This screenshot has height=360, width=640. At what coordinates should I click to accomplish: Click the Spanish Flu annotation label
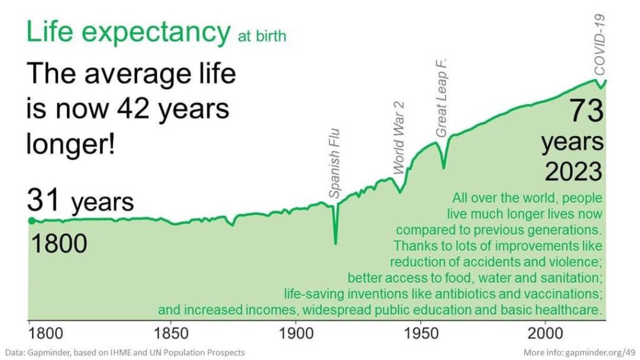[334, 163]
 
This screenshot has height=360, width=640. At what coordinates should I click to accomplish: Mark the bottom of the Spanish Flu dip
[336, 243]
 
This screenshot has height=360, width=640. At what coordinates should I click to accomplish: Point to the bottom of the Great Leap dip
[444, 167]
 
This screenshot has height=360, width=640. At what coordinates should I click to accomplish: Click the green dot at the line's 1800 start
[31, 220]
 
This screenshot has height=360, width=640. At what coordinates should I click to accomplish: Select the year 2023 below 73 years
[573, 171]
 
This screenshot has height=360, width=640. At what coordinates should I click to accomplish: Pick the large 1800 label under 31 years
[59, 243]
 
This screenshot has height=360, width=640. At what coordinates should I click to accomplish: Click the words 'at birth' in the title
[262, 36]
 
